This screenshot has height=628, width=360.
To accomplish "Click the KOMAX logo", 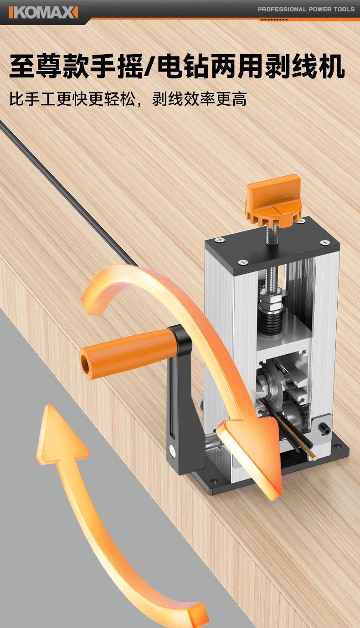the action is pos(43,12).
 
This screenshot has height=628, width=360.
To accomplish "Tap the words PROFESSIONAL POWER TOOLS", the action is pos(306,9).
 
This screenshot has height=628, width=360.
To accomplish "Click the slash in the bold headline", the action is pos(150,66).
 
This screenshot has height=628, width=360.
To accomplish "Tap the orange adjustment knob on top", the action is pos(273,199).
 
